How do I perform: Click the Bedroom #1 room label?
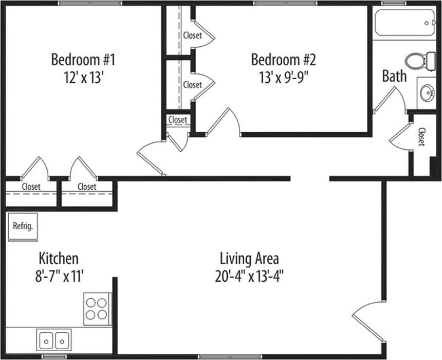(x=83, y=60)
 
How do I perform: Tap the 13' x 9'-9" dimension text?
(x=284, y=77)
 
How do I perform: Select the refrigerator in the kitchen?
(x=23, y=227)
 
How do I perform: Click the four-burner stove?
(x=97, y=309)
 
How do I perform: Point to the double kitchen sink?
(x=54, y=340)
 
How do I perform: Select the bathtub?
(x=405, y=23)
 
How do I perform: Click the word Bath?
(x=394, y=76)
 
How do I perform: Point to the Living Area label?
(x=249, y=259)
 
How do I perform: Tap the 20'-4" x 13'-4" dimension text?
(x=249, y=276)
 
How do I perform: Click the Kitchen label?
(x=59, y=258)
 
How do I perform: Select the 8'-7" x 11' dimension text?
(x=60, y=276)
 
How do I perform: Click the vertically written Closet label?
(x=421, y=137)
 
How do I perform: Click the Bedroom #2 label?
(x=284, y=60)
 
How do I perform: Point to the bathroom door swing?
(x=390, y=100)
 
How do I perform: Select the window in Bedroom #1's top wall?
(x=90, y=4)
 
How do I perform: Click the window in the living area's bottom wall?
(x=230, y=356)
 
